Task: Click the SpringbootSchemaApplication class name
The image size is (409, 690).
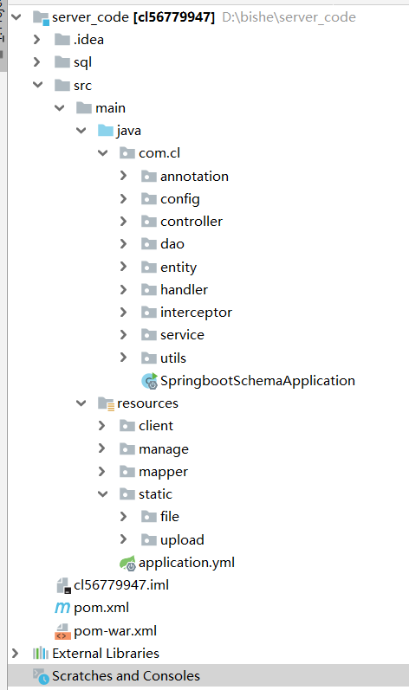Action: [x=257, y=381]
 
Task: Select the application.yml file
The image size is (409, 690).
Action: [x=186, y=563]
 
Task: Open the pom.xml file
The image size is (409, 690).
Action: [x=101, y=608]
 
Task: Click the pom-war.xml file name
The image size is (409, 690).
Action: [x=115, y=630]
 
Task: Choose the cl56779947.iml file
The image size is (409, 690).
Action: [x=121, y=585]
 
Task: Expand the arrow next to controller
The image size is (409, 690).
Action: [x=123, y=221]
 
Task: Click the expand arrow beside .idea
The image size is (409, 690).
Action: [x=37, y=40]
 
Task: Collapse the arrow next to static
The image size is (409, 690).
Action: [x=102, y=494]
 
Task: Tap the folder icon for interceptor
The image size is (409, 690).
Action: [x=149, y=313]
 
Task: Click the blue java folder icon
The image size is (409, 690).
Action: [x=106, y=130]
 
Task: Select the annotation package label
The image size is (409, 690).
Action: [x=194, y=177]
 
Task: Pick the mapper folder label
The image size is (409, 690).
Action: [x=163, y=472]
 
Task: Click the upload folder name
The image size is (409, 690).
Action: [x=182, y=540]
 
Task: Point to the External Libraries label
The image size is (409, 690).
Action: [x=106, y=653]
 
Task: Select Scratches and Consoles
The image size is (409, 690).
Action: [x=126, y=676]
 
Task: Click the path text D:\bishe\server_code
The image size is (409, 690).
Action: [x=289, y=17]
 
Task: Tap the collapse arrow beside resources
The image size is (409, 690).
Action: [x=81, y=403]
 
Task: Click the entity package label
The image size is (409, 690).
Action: [x=179, y=268]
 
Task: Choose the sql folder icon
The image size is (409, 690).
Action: [x=62, y=62]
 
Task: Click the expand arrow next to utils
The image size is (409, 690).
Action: [x=123, y=358]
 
